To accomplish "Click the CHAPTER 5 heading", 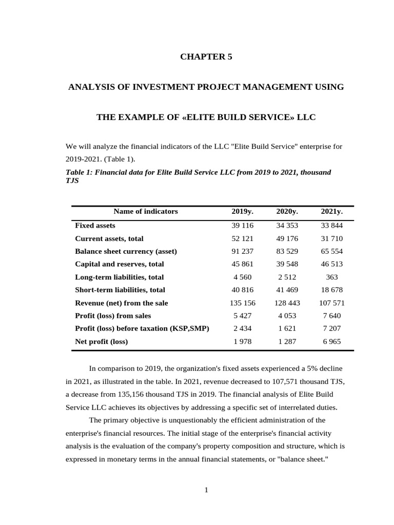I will pos(206,57).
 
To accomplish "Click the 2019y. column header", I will pos(242,211).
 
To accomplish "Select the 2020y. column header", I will pos(287,211).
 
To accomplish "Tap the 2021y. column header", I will pos(332,211).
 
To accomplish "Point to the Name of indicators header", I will pos(146,211).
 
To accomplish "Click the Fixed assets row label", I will pos(95,226).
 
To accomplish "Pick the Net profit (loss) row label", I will pos(101,341).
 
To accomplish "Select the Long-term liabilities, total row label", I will pos(119,277).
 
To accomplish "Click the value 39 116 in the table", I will pos(242,226).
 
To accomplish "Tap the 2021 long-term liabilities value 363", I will pos(332,277).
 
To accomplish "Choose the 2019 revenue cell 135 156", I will pos(242,303).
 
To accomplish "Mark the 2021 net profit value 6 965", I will pos(332,341).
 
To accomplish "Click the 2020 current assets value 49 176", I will pos(287,238).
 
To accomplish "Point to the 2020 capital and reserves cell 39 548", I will pos(287,264).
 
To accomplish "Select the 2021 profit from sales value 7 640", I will pos(332,316).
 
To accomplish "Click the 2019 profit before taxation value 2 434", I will pos(242,329).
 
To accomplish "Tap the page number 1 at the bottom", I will pos(206,490).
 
